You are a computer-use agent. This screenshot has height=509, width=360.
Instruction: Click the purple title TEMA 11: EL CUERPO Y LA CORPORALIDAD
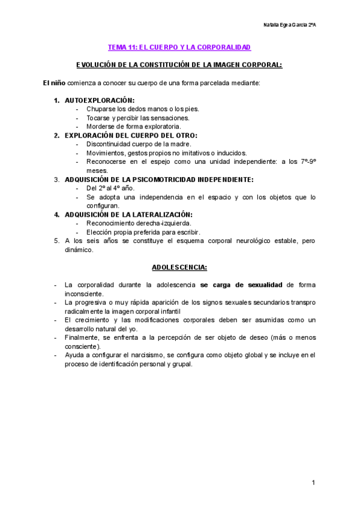[x=179, y=46]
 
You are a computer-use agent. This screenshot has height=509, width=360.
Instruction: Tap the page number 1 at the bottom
[x=313, y=483]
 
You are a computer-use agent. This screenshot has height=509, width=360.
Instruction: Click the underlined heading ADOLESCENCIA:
[x=179, y=267]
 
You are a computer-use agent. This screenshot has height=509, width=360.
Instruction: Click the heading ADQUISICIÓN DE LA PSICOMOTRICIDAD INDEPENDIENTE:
[x=158, y=179]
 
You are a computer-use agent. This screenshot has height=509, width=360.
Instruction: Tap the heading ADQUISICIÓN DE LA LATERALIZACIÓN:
[x=128, y=214]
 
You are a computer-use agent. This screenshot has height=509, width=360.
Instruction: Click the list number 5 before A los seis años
[x=56, y=241]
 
